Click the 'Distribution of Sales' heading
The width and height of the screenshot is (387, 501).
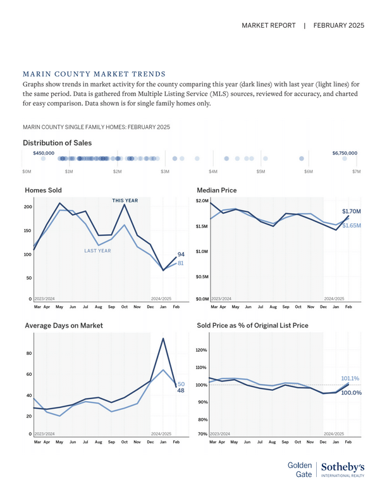[x=58, y=143]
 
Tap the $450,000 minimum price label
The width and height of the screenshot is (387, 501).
[x=44, y=153]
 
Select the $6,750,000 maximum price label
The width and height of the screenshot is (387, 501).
[x=345, y=153]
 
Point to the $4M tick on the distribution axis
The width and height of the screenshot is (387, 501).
[x=213, y=171]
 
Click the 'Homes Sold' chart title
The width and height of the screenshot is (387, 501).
[x=43, y=189]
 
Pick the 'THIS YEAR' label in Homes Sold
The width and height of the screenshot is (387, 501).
[x=125, y=201]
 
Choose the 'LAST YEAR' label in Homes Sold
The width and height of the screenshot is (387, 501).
[x=97, y=250]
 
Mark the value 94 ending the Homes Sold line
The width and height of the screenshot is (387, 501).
[x=181, y=254]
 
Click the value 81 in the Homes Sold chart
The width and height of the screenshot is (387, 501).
[x=180, y=263]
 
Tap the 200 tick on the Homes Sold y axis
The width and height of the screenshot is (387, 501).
[x=28, y=207]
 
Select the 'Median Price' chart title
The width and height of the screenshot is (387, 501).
[x=217, y=189]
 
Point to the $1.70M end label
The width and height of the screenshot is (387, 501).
[x=352, y=211]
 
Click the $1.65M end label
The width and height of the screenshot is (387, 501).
[x=352, y=225]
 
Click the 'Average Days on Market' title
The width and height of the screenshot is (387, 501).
[x=64, y=325]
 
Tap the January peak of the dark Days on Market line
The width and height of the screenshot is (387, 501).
[x=164, y=338]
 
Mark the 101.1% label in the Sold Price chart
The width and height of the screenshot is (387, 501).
[x=350, y=378]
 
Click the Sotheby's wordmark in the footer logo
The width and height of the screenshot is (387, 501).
[x=342, y=467]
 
